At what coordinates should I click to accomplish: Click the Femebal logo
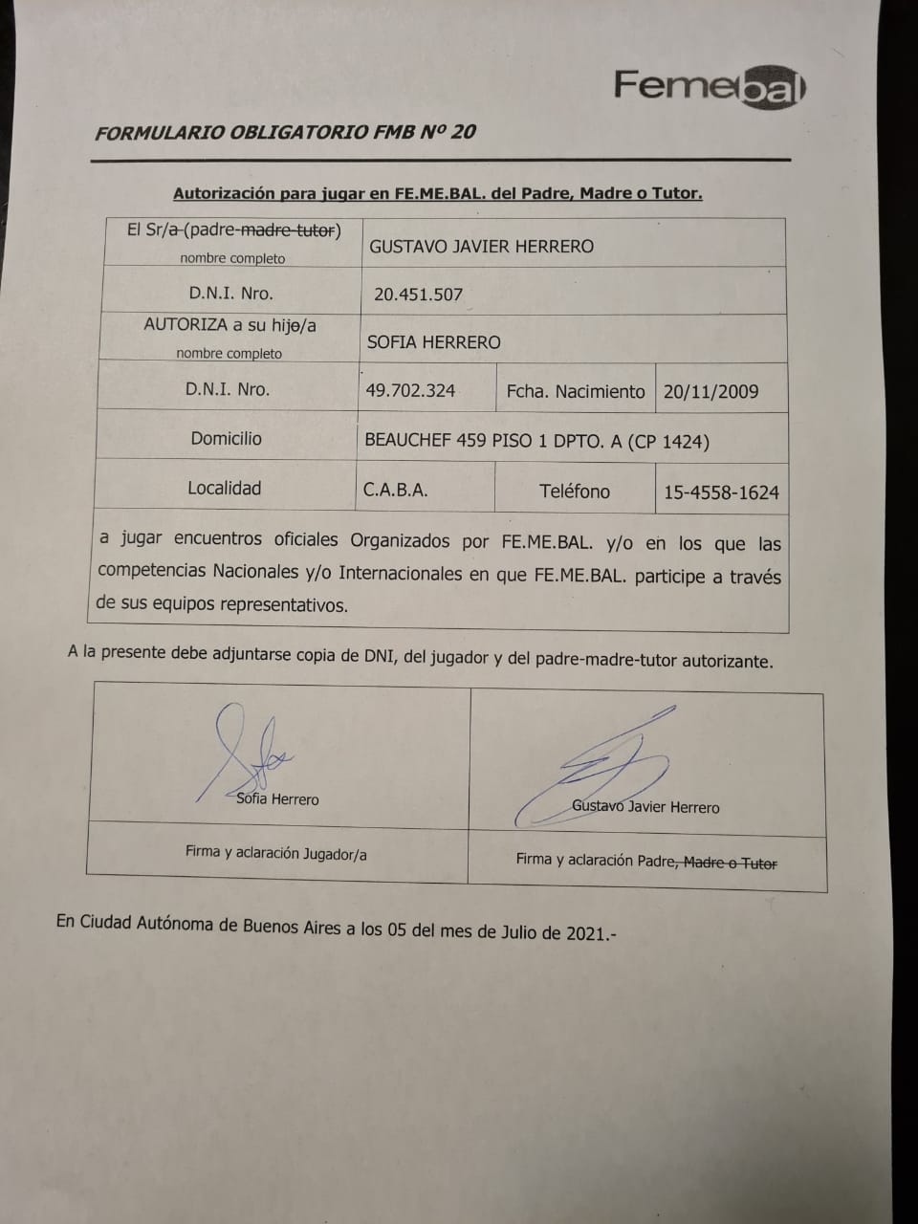[710, 87]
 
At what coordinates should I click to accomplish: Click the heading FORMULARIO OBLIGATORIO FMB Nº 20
[285, 133]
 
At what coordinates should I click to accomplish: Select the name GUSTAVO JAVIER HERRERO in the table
[481, 246]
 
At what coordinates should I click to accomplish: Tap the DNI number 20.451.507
[418, 295]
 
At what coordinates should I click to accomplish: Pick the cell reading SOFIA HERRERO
[433, 342]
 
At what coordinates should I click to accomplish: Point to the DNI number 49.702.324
[410, 390]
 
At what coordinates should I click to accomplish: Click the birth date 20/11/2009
[710, 391]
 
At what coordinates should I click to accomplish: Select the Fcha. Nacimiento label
[576, 391]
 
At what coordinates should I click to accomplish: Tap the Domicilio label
[226, 439]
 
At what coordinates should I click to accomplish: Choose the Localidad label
[224, 489]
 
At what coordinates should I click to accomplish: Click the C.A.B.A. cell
[395, 491]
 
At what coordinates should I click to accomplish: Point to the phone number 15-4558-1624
[721, 492]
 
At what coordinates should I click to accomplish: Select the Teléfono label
[574, 491]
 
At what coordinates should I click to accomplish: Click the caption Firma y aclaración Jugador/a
[275, 853]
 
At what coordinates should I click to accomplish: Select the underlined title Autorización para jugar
[437, 193]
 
